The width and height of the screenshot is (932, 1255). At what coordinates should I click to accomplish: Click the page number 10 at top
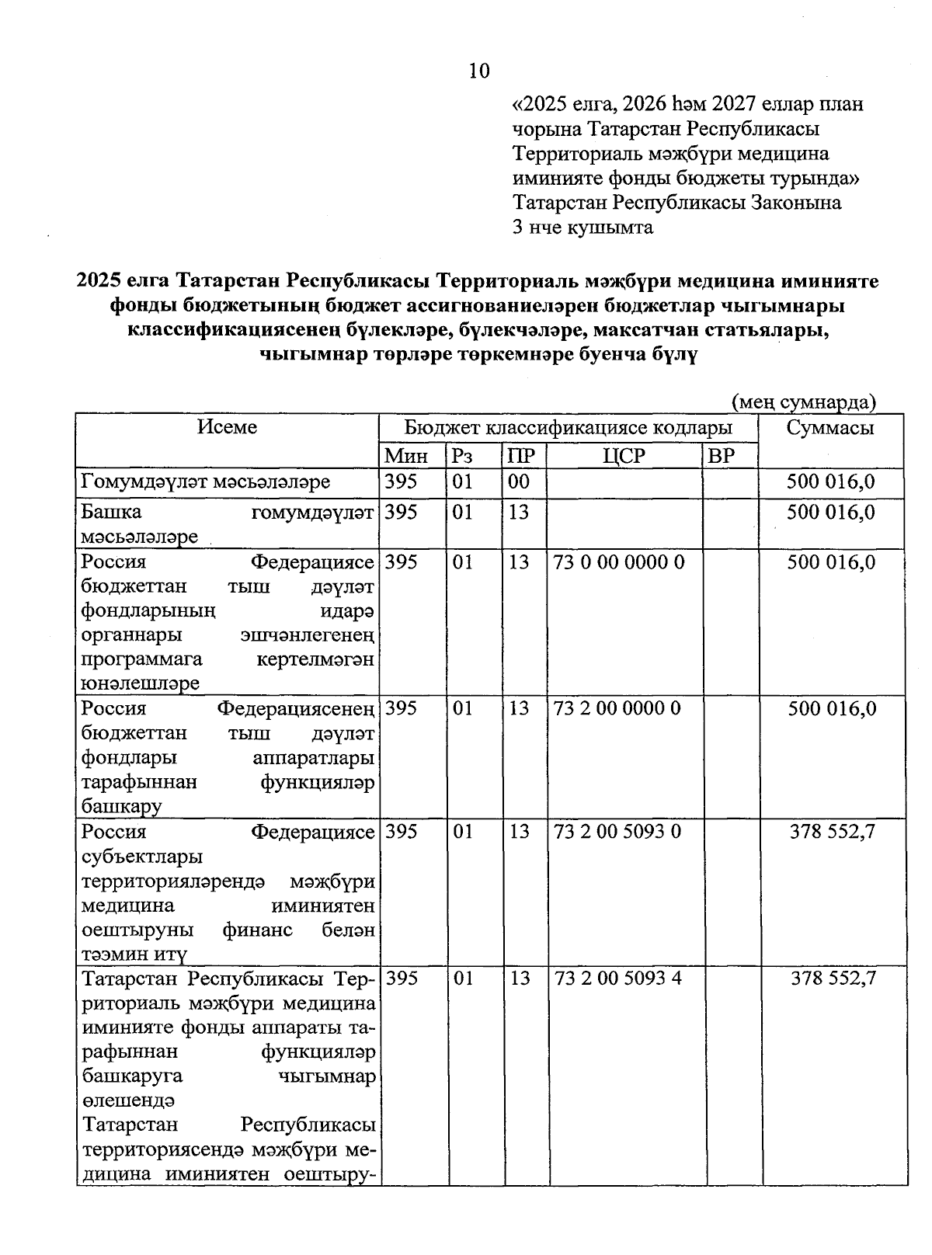[479, 71]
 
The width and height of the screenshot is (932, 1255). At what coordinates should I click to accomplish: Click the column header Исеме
[227, 427]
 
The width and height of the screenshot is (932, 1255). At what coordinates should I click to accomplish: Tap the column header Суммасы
[829, 428]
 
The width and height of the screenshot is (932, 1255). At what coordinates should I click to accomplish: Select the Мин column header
[406, 456]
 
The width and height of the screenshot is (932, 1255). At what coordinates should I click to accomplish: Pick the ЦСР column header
[624, 456]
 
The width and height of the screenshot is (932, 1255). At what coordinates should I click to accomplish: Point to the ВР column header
[722, 456]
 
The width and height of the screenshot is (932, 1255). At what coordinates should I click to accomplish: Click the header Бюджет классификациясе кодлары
[568, 428]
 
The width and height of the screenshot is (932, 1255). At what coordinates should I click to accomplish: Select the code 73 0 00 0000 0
[619, 562]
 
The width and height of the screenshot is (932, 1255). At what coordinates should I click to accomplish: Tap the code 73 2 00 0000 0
[617, 708]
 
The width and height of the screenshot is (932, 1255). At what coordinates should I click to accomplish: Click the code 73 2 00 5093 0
[617, 832]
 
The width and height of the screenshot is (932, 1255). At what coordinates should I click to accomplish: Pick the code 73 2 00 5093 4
[617, 978]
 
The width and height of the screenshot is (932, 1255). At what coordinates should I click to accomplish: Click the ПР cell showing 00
[519, 481]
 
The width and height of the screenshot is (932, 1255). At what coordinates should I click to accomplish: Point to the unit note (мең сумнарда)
[804, 402]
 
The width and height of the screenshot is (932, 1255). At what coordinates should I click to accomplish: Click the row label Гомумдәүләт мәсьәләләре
[206, 482]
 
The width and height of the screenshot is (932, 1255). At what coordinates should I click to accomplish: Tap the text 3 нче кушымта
[582, 228]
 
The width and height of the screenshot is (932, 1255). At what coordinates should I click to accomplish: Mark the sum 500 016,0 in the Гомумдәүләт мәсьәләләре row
[830, 481]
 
